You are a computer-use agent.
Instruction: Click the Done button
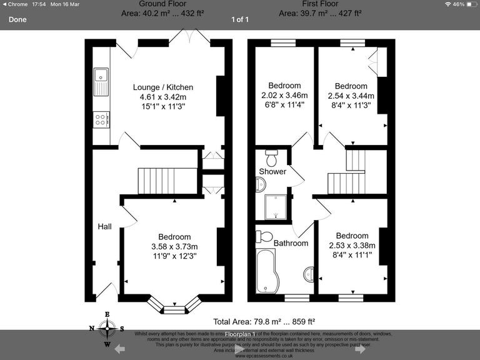(17, 19)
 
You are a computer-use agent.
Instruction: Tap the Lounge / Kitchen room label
(162, 87)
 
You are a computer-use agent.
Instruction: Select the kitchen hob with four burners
(101, 119)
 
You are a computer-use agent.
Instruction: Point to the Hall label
(104, 226)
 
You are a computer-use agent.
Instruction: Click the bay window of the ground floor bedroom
(174, 306)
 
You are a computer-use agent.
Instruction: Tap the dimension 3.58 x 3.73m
(174, 246)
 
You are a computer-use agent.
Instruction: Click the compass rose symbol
(107, 327)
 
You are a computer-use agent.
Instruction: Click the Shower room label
(272, 171)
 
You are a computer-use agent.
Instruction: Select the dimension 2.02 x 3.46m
(284, 96)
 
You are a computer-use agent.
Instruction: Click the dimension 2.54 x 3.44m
(351, 96)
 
